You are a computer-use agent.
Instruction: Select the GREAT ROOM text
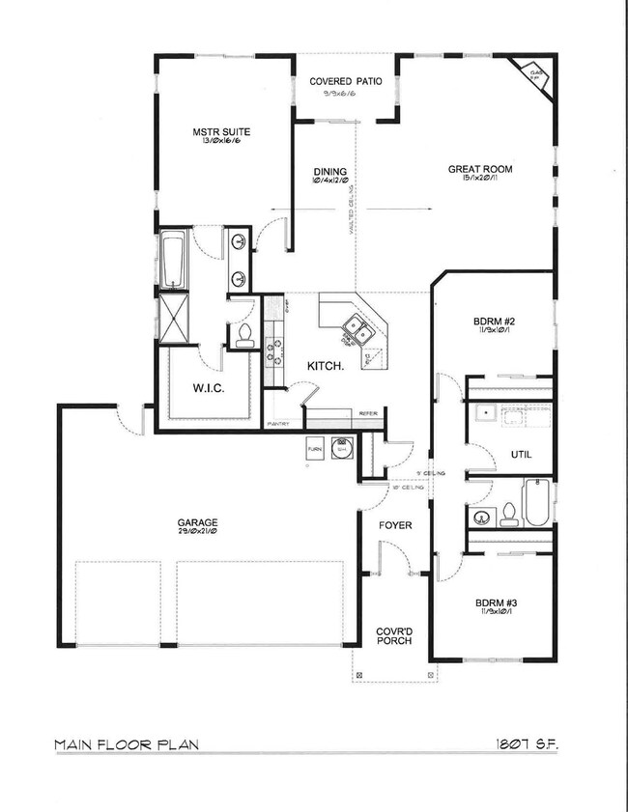(x=479, y=170)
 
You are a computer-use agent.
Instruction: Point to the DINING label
(x=328, y=172)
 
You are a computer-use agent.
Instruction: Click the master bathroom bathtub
(x=173, y=261)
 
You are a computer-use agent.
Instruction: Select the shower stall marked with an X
(x=174, y=317)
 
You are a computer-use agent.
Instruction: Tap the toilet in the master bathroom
(x=244, y=334)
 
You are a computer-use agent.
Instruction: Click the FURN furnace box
(x=314, y=450)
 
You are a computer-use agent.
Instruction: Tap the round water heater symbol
(x=341, y=450)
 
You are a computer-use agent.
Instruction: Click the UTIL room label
(x=521, y=454)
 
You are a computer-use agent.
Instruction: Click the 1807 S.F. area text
(x=526, y=745)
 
